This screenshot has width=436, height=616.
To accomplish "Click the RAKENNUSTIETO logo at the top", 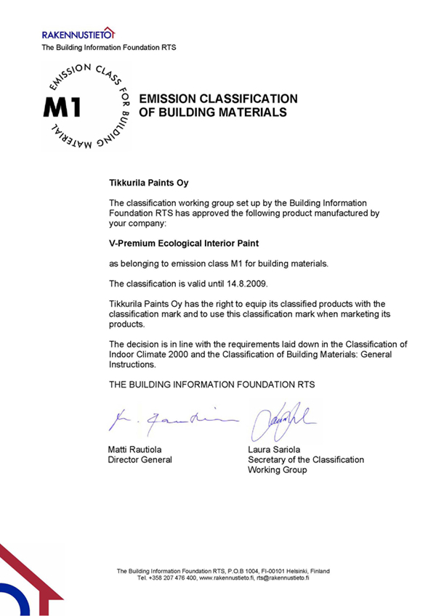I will [78, 34].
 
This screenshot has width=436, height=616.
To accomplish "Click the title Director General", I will [140, 460].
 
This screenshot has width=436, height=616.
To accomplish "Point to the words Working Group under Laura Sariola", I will [278, 470].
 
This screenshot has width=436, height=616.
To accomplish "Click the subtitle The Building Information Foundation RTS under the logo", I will [109, 48].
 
